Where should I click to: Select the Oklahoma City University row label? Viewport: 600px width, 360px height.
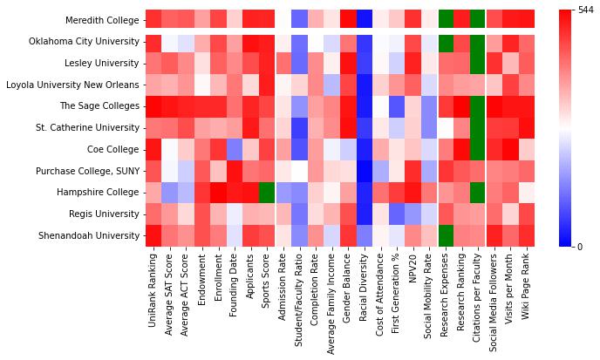coord(82,42)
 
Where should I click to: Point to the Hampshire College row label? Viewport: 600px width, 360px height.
coord(98,192)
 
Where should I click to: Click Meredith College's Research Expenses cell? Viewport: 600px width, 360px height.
coord(447,20)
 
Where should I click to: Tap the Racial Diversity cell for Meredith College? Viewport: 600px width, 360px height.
coord(364,20)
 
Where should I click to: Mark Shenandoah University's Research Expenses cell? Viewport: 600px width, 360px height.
coord(447,235)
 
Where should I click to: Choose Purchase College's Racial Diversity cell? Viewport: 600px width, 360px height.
coord(364,171)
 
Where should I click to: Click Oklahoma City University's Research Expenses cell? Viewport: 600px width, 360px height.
coord(447,42)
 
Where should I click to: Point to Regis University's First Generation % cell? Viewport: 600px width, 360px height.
coord(397,214)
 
